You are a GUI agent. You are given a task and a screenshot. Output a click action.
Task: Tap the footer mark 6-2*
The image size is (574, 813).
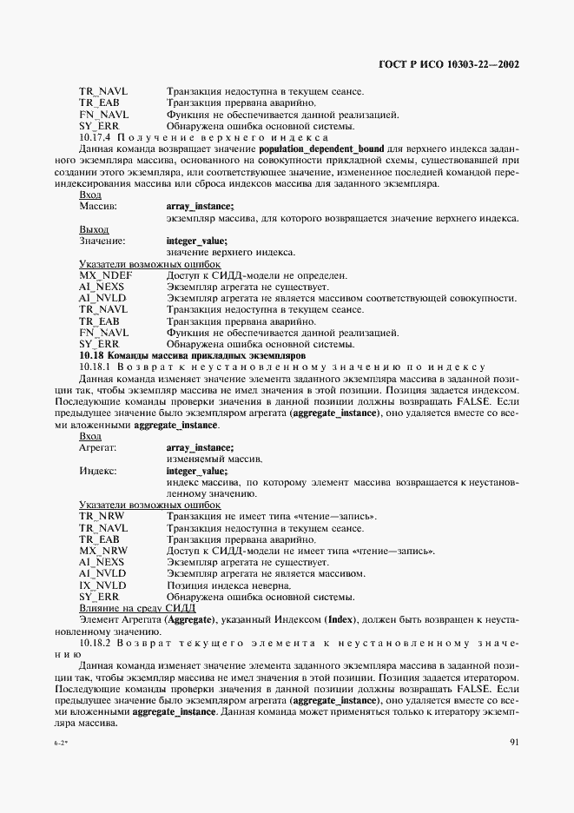pyautogui.click(x=62, y=744)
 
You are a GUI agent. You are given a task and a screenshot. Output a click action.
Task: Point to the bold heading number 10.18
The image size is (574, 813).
pyautogui.click(x=90, y=355)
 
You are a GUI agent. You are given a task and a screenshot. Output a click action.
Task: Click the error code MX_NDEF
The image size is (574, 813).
pyautogui.click(x=104, y=275)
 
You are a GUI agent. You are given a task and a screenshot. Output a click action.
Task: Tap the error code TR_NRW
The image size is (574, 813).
pyautogui.click(x=101, y=516)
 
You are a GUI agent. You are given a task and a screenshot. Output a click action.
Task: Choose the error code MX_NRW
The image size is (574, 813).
pyautogui.click(x=103, y=551)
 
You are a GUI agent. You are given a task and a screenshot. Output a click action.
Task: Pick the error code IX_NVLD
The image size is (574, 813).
pyautogui.click(x=102, y=585)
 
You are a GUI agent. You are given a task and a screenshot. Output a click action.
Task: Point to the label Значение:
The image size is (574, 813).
pyautogui.click(x=102, y=241)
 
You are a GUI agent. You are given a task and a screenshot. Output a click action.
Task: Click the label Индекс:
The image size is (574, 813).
pyautogui.click(x=99, y=471)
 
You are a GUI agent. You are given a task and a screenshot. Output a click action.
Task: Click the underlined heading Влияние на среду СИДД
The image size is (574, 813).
pyautogui.click(x=137, y=608)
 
